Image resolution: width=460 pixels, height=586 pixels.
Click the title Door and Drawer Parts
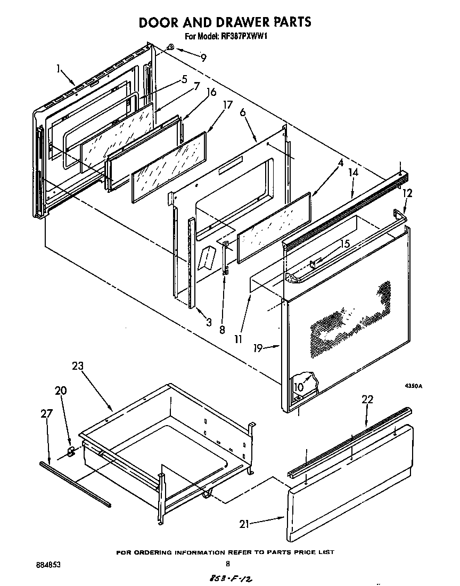pos(225,22)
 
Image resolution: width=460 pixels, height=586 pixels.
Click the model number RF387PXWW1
pos(224,37)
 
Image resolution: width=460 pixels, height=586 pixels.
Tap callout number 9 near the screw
pos(203,57)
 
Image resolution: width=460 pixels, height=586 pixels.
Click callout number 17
pos(227,105)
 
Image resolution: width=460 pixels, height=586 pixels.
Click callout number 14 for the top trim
pos(353,173)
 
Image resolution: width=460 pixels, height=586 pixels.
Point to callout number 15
pos(346,245)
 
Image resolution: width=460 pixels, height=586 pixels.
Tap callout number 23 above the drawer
pos(78,366)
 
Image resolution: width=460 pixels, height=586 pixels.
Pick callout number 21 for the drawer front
pos(244,524)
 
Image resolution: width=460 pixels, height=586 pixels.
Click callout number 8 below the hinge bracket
pos(222,330)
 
